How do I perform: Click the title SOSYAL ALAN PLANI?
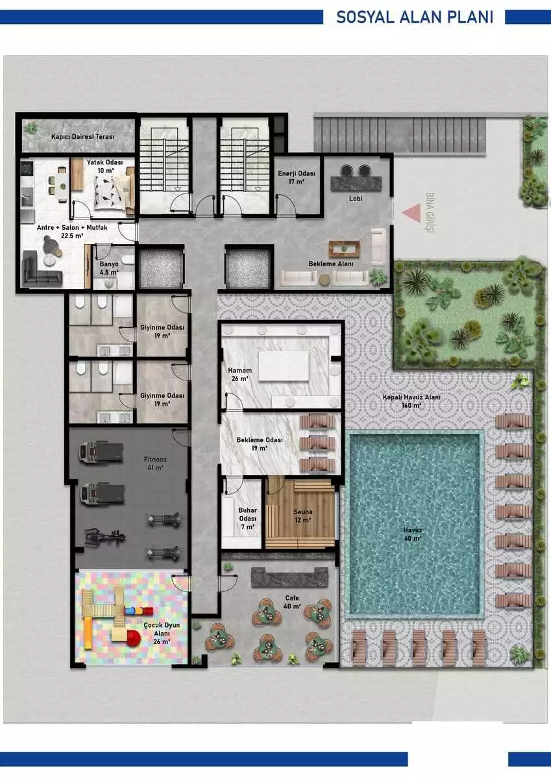pos(415,17)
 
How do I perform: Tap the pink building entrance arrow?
pos(411,213)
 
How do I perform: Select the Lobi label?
pos(356,198)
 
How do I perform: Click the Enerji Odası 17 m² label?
pos(297,177)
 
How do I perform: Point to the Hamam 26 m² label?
pos(240,375)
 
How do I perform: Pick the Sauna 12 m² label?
pos(303,515)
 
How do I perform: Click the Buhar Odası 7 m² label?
pos(247,519)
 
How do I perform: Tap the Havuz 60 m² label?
pos(413,534)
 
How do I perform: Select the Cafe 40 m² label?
pos(292,602)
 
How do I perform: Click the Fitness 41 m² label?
pos(155,464)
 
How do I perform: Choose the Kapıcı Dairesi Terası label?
pos(82,137)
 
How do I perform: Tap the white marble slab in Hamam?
pos(284,365)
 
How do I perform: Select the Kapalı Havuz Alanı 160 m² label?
pos(411,401)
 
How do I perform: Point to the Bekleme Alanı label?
pos(331,264)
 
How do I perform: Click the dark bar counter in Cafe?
pos(289,577)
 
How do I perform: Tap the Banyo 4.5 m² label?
pos(109,268)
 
